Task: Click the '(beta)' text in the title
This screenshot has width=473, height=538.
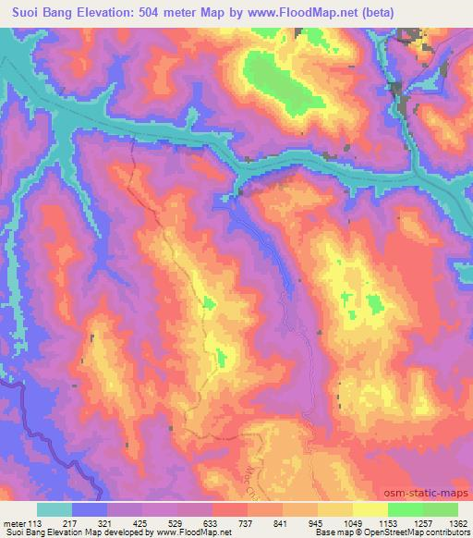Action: pos(374,13)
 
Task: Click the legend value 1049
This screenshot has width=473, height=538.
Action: pos(354,523)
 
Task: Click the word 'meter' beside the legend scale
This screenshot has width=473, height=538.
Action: pos(14,523)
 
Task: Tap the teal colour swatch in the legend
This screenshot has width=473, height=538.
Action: pos(55,509)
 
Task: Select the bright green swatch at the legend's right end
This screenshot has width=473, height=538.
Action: pos(440,509)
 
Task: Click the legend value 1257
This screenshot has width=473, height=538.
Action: pos(424,523)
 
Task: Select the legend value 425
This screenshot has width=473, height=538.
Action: pos(144,523)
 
